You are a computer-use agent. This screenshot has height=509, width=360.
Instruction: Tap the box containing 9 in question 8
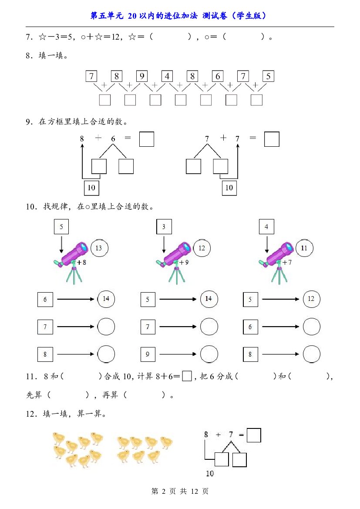tap(142, 76)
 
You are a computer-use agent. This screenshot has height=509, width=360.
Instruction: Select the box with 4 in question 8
tap(167, 76)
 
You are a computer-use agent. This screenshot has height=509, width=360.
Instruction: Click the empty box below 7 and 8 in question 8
tap(105, 100)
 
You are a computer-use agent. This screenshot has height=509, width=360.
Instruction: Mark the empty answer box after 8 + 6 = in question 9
tap(147, 139)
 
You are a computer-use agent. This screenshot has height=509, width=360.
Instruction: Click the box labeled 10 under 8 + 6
tap(91, 188)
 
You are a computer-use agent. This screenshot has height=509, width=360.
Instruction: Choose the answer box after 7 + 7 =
tap(272, 139)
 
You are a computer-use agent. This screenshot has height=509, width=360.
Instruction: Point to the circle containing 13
tap(99, 248)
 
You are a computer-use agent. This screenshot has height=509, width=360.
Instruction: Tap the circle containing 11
tap(304, 248)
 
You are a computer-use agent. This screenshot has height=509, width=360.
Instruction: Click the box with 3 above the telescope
tap(164, 226)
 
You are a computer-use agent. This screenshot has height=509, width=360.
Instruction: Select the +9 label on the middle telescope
tap(184, 262)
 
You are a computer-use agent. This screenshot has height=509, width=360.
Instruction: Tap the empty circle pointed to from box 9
tap(209, 354)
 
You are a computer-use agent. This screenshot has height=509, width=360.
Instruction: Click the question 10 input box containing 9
tap(148, 354)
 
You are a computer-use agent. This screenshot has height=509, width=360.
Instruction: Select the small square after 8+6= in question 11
tap(187, 376)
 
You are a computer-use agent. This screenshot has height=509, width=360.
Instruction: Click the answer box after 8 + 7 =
tap(254, 435)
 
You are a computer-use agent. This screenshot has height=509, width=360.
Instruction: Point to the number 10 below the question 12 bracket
tap(210, 473)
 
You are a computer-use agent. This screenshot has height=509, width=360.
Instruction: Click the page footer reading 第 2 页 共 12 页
tap(180, 491)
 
